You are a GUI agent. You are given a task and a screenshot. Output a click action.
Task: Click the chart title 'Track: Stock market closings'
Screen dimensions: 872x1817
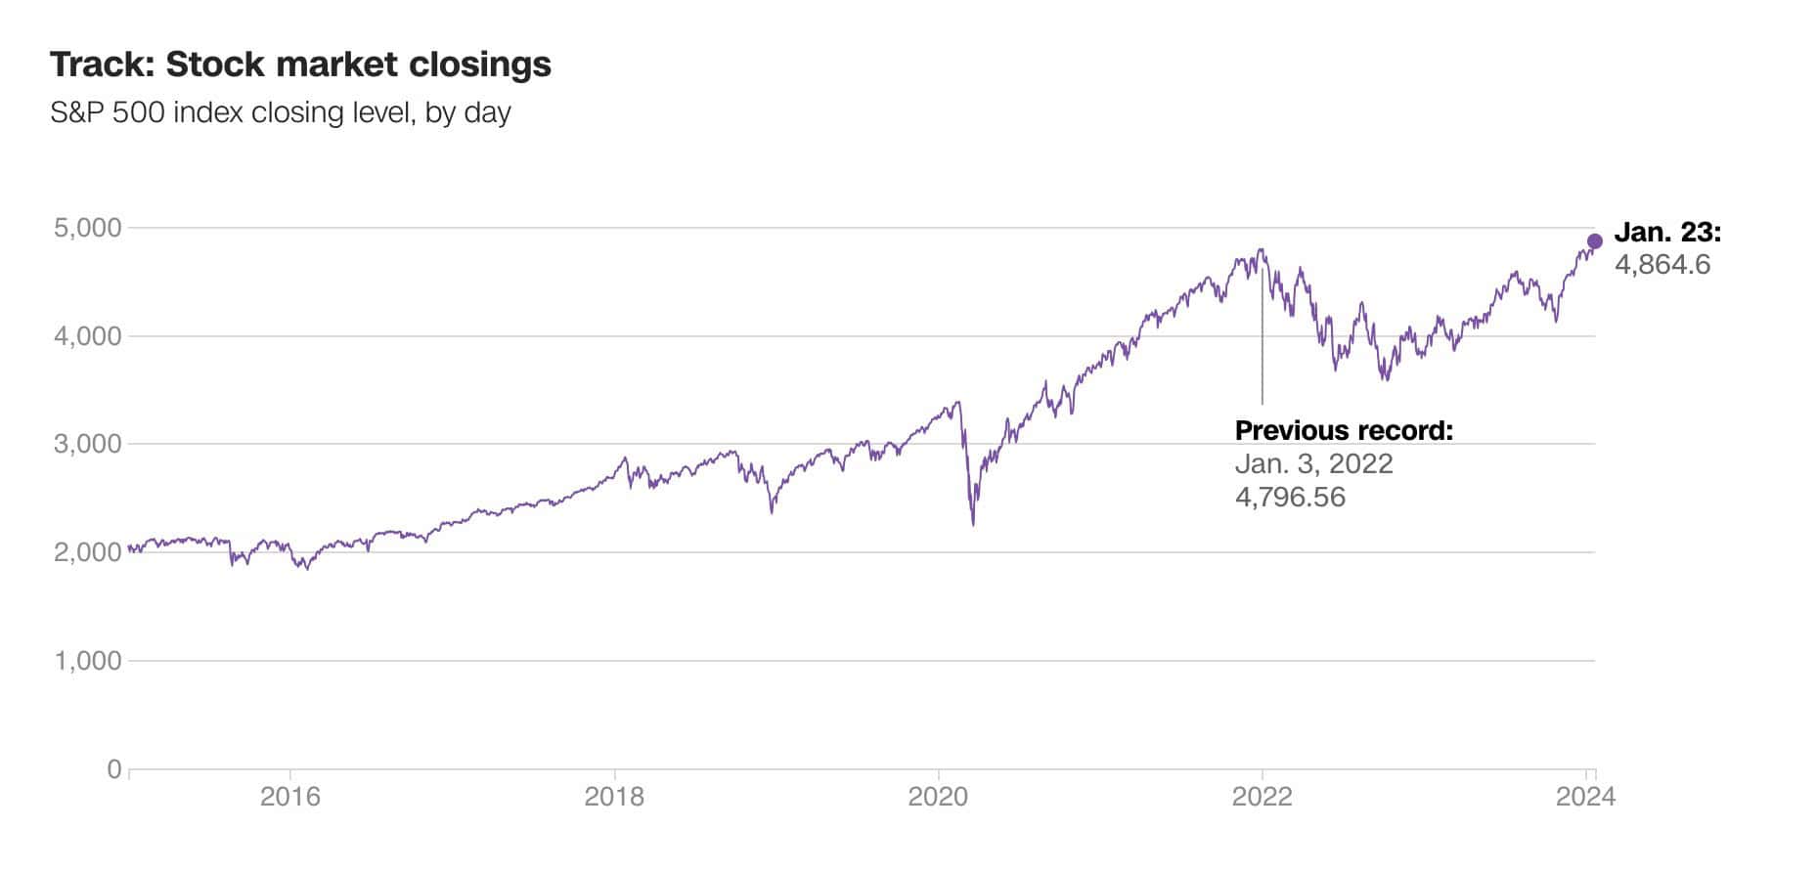[x=300, y=65]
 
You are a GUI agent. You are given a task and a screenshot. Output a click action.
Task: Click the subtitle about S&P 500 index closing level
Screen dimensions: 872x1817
[x=281, y=112]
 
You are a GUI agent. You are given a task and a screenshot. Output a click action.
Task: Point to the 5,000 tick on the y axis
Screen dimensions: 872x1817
[x=87, y=228]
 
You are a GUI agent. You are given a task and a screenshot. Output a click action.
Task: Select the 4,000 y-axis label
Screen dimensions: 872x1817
[x=87, y=336]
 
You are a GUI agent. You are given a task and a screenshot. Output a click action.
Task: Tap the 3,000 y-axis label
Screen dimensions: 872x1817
[x=87, y=444]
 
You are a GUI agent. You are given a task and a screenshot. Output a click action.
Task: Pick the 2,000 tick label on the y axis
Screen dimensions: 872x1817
[x=87, y=552]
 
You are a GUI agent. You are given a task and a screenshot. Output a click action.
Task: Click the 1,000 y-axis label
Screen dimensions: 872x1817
[x=87, y=661]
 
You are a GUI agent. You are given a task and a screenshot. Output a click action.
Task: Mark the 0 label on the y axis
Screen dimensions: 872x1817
[x=114, y=769]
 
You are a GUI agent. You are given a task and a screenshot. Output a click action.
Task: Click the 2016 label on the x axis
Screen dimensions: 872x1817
[x=289, y=797]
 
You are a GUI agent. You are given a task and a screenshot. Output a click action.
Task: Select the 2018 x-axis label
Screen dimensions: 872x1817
[x=614, y=797]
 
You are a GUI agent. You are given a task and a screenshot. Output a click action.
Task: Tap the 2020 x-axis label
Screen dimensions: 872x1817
[x=938, y=797]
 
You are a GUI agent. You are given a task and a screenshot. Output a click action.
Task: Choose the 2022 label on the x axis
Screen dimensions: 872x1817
[x=1262, y=797]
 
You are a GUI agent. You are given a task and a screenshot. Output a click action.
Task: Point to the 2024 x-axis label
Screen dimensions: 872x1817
[x=1585, y=797]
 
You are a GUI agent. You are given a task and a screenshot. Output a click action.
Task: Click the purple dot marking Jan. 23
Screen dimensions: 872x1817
[x=1595, y=241]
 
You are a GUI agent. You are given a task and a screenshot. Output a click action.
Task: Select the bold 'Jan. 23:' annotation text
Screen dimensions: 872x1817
[x=1666, y=233]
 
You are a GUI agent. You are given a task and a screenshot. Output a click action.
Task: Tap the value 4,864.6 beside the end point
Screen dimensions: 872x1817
[x=1662, y=265]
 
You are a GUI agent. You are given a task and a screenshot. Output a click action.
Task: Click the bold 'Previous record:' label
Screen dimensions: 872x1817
[x=1344, y=431]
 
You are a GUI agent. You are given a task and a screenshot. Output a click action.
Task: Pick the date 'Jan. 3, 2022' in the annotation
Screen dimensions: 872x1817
[x=1313, y=463]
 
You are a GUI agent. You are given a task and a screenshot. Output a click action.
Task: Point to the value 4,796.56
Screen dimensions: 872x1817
[x=1290, y=497]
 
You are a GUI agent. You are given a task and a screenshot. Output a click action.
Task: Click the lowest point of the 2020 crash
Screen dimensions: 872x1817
[x=973, y=525]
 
